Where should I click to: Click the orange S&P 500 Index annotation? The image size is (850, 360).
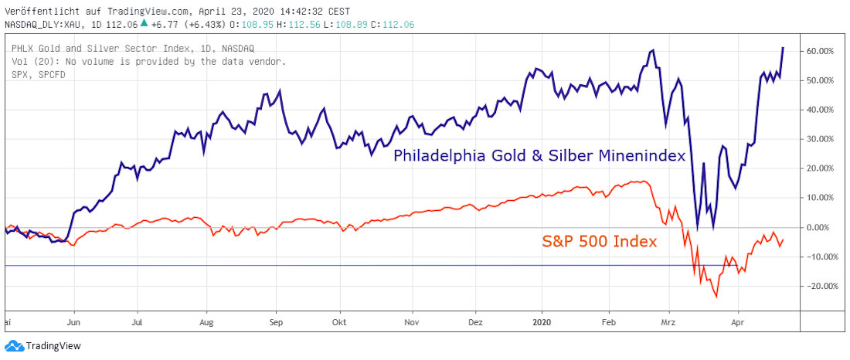pos(598,242)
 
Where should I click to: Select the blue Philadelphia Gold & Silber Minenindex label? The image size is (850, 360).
pos(539,155)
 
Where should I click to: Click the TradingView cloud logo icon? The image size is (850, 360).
pos(14,346)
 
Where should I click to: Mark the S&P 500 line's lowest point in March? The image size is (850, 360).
pos(716,296)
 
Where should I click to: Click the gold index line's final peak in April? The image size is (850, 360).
pos(783,48)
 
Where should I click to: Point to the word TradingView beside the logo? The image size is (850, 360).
pos(53,346)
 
